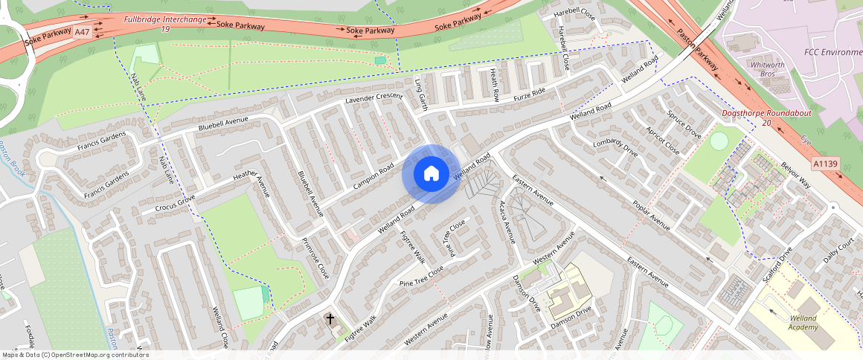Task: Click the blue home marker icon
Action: (x=431, y=174)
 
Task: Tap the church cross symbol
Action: (x=330, y=319)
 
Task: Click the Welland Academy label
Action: (x=803, y=322)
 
